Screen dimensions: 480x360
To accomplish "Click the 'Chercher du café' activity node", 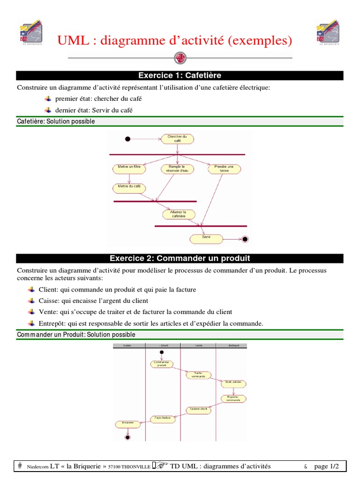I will (x=177, y=139).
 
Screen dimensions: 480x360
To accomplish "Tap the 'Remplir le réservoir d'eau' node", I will (x=177, y=169).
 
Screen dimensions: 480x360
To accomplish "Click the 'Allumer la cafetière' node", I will (x=178, y=214).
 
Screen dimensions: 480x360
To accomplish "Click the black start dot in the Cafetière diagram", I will (x=127, y=139).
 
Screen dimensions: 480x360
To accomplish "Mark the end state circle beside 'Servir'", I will (x=244, y=239).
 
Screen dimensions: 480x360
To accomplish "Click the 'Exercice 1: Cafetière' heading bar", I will (x=180, y=75).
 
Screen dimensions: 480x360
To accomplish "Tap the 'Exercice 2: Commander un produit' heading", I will (x=180, y=258).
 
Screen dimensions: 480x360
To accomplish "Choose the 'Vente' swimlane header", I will (x=198, y=345).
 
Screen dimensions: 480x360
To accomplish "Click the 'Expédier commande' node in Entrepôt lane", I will (x=233, y=399).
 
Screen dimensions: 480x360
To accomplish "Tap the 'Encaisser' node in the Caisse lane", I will (x=127, y=424).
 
